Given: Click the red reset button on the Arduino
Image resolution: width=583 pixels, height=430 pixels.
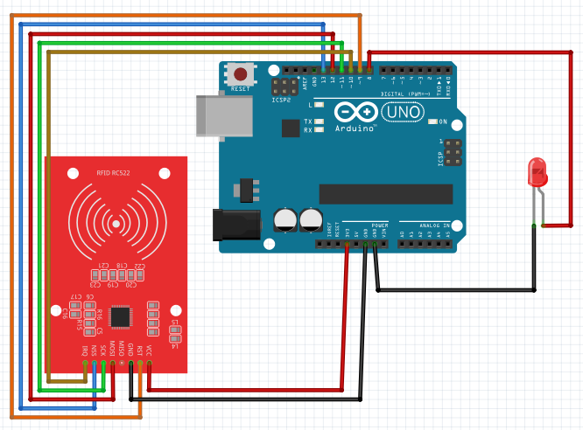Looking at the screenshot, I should click(239, 74).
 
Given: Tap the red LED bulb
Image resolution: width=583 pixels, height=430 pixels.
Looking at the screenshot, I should click(537, 171).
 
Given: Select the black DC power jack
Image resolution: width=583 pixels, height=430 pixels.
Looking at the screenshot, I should click(237, 224).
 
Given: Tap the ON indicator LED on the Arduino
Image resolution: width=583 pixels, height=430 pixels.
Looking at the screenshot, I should click(433, 121).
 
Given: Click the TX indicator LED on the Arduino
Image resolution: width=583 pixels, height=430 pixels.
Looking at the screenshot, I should click(319, 121).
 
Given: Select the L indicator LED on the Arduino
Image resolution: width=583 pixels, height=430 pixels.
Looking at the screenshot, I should click(319, 105).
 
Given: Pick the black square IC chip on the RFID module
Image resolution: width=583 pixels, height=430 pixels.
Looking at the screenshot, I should click(123, 316).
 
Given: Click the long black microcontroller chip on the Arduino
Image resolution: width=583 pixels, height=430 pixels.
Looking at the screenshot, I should click(385, 194).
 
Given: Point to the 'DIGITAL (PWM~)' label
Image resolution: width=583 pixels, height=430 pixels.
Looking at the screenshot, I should click(406, 94).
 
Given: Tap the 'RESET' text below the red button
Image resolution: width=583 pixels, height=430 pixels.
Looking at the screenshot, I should click(239, 90).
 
